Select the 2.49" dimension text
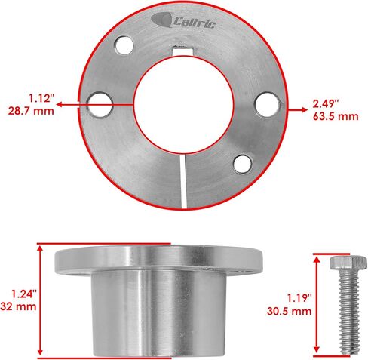[327, 103]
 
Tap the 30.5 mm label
[291, 310]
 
